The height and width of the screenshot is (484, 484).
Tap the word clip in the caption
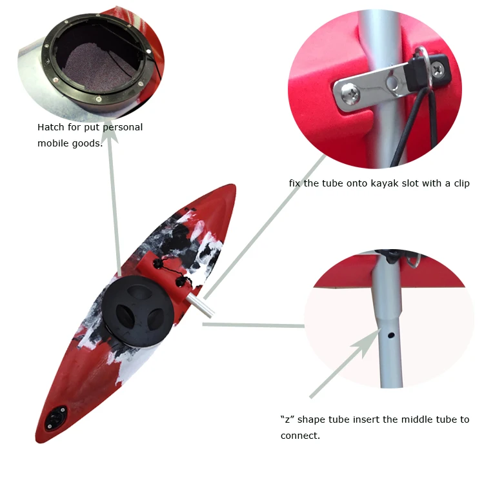[459, 184]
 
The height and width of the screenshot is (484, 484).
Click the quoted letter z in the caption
[288, 419]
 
